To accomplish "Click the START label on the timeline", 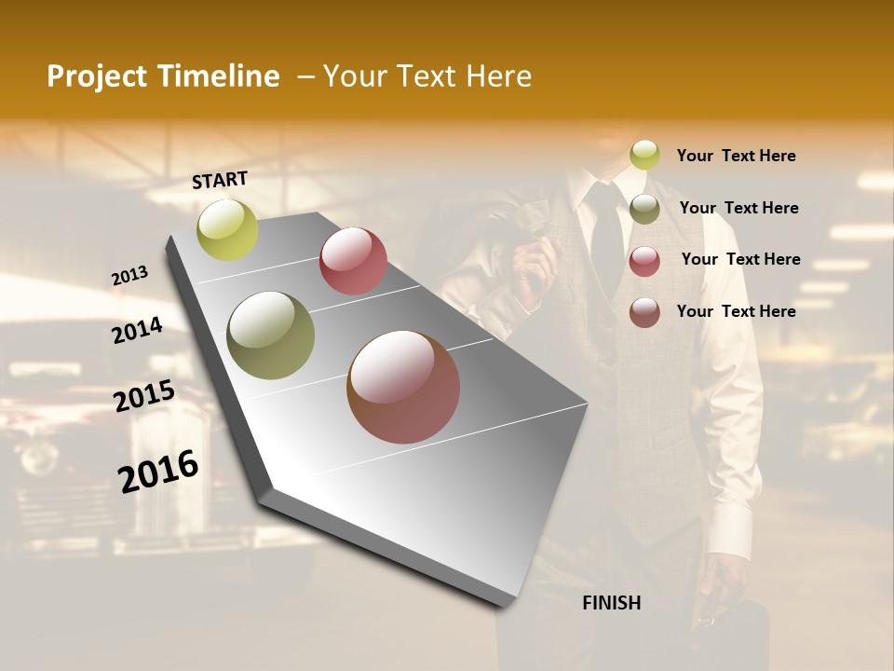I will [220, 179].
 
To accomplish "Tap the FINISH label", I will [611, 603].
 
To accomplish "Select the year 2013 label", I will [129, 276].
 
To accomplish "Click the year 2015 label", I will [144, 396].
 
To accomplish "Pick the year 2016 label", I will [158, 471].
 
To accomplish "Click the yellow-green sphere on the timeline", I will [227, 230].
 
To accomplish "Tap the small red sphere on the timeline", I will [353, 261].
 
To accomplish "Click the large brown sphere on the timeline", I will [403, 387].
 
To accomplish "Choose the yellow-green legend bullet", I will [644, 156].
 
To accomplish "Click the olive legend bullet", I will [644, 208].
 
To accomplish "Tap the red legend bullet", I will [644, 260].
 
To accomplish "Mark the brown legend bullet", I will [644, 311].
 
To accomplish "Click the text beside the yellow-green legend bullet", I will [736, 156].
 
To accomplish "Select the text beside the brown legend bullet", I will [736, 311].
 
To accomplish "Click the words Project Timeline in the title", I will [163, 76].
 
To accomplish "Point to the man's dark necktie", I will [606, 233].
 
